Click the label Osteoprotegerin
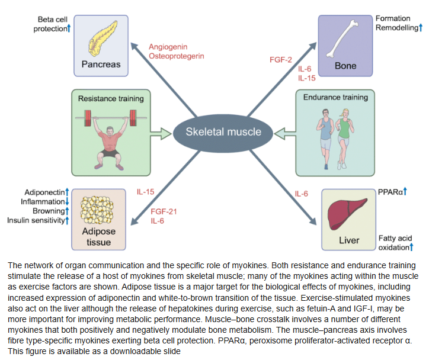[x=175, y=56]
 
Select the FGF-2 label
[x=281, y=60]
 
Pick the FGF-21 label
[x=164, y=211]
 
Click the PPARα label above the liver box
[x=392, y=192]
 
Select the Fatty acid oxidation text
[x=393, y=242]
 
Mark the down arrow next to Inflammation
[x=68, y=202]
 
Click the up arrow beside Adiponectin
[x=68, y=192]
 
